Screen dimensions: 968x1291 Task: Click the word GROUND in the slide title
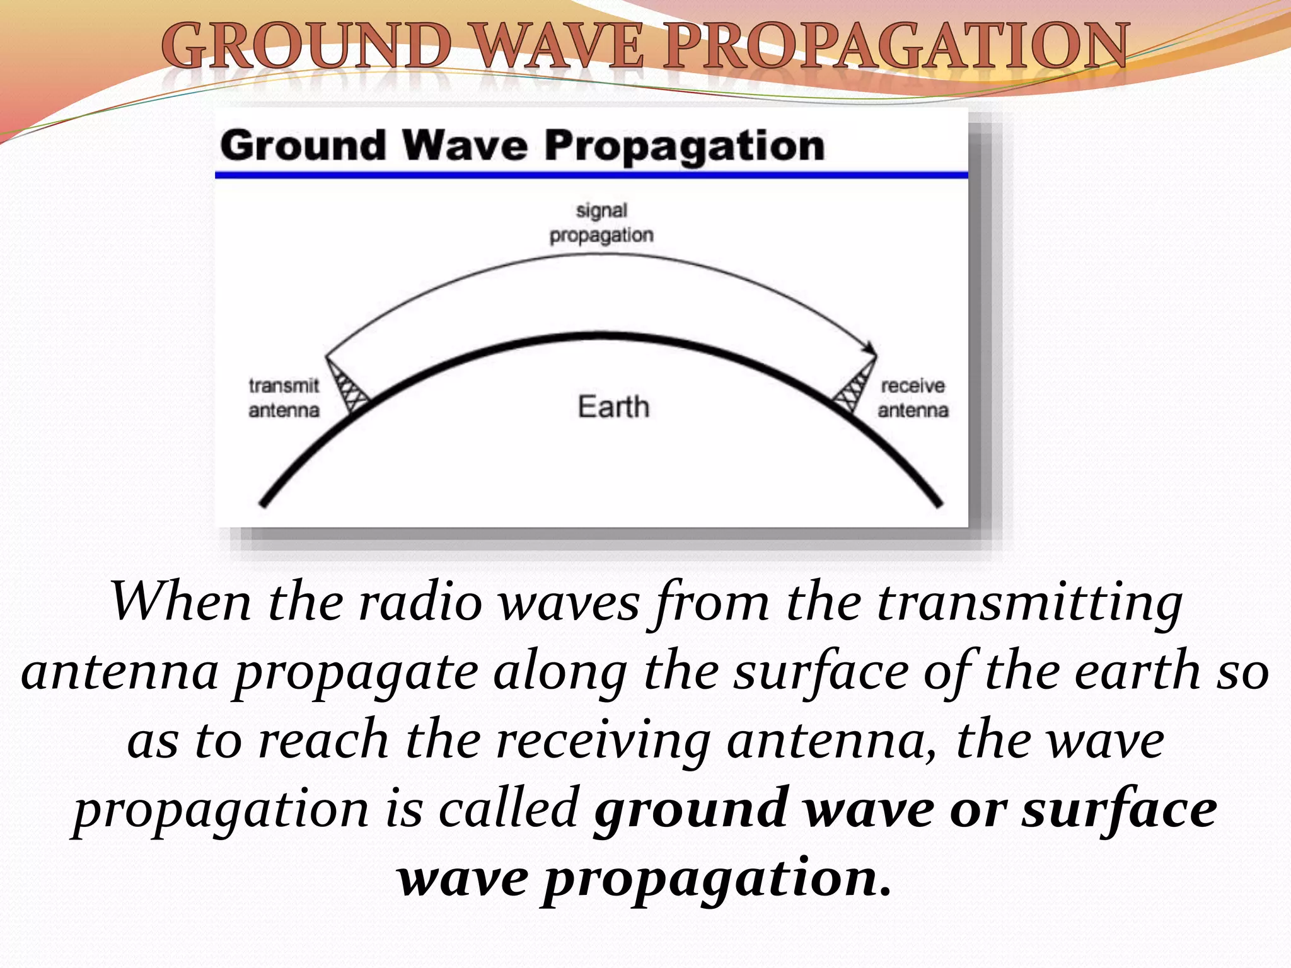(307, 45)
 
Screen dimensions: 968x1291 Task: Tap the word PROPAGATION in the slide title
(896, 45)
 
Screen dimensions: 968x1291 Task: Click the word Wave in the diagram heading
(465, 146)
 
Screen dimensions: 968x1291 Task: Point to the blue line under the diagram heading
(591, 175)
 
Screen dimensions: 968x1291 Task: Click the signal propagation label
(601, 222)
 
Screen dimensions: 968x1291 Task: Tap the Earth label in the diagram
(613, 406)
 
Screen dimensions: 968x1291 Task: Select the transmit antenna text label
(284, 398)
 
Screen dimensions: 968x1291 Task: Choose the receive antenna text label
(913, 398)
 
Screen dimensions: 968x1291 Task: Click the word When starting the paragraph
(182, 602)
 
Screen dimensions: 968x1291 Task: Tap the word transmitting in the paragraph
(1029, 602)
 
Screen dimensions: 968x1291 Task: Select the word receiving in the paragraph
(603, 740)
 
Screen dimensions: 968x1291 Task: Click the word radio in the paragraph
(420, 602)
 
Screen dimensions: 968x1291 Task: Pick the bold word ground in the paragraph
(690, 809)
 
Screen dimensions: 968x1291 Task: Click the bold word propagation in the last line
(717, 878)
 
